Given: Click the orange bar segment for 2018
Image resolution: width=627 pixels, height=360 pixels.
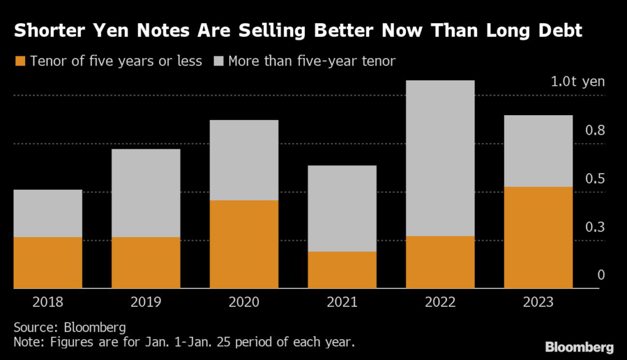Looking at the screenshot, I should [48, 262].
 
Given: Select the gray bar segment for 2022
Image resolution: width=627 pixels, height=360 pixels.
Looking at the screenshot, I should [440, 158].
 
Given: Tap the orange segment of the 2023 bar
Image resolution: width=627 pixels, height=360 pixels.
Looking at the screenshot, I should [538, 237].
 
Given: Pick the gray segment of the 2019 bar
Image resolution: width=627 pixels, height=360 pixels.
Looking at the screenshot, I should [146, 193].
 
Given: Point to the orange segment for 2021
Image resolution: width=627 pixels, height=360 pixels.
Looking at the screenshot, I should [342, 269].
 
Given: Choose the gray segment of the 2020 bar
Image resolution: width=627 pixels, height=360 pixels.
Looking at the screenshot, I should [244, 160].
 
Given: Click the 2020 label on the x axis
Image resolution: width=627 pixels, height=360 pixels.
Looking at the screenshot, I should [244, 302].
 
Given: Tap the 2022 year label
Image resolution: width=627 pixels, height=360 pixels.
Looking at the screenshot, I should [440, 302].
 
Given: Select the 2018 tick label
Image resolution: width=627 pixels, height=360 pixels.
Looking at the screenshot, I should [48, 302].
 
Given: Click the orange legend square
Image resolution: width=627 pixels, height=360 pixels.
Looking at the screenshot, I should [20, 61].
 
